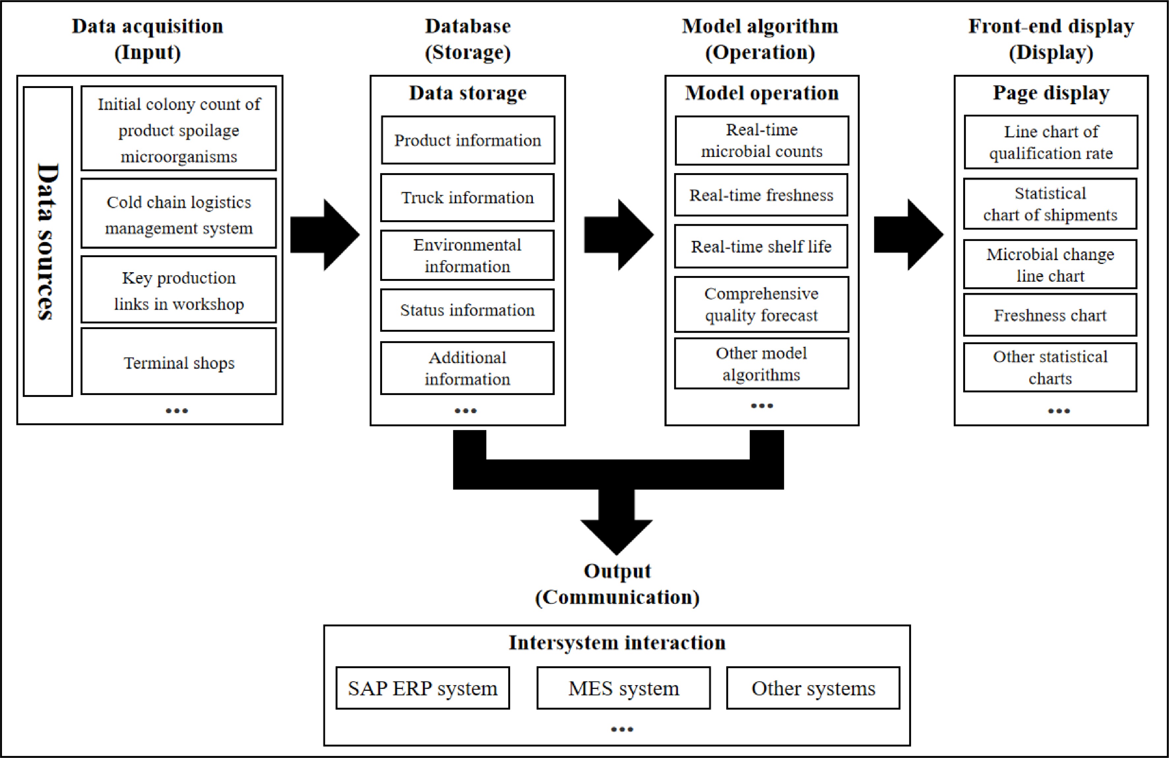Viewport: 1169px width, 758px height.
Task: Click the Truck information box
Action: pyautogui.click(x=467, y=197)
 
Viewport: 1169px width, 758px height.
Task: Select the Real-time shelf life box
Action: pyautogui.click(x=761, y=246)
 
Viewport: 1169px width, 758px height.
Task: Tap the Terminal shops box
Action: pyautogui.click(x=179, y=362)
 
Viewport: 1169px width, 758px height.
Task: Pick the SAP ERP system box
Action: pyautogui.click(x=422, y=688)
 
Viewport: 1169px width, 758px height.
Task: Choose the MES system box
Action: pyautogui.click(x=623, y=688)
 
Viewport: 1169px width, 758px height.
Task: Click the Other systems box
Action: pyautogui.click(x=813, y=688)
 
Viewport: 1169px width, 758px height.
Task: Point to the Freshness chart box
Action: pyautogui.click(x=1050, y=315)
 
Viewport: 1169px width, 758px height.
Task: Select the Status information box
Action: pyautogui.click(x=467, y=310)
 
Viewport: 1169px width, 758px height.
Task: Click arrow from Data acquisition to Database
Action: pyautogui.click(x=325, y=235)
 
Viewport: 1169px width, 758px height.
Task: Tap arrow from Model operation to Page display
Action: pyautogui.click(x=908, y=235)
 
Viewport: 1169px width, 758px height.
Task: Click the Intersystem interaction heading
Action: pyautogui.click(x=617, y=642)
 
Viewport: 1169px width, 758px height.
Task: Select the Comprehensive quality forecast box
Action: pyautogui.click(x=761, y=304)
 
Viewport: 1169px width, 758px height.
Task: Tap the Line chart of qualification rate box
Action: pyautogui.click(x=1051, y=142)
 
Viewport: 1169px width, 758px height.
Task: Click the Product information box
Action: pyautogui.click(x=468, y=140)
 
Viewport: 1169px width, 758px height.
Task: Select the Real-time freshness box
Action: pyautogui.click(x=761, y=195)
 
